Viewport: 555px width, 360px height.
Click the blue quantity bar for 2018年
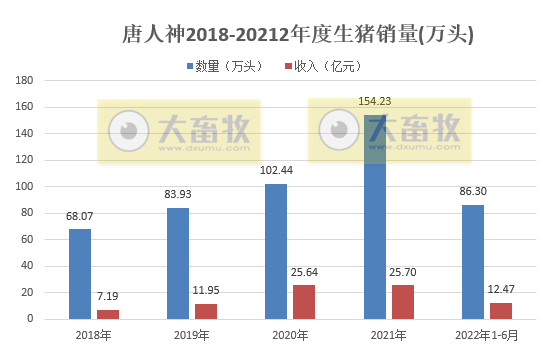[x=80, y=274]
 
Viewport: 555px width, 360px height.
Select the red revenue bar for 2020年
[x=304, y=302]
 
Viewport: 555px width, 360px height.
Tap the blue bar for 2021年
[x=374, y=220]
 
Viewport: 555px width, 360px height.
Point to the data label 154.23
[x=374, y=101]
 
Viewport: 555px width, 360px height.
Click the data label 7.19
[x=108, y=298]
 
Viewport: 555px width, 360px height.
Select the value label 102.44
[x=275, y=170]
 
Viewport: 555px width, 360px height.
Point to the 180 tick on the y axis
[x=27, y=80]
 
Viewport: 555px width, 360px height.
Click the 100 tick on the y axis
[x=27, y=186]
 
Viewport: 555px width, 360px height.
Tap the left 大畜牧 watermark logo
[x=179, y=130]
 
